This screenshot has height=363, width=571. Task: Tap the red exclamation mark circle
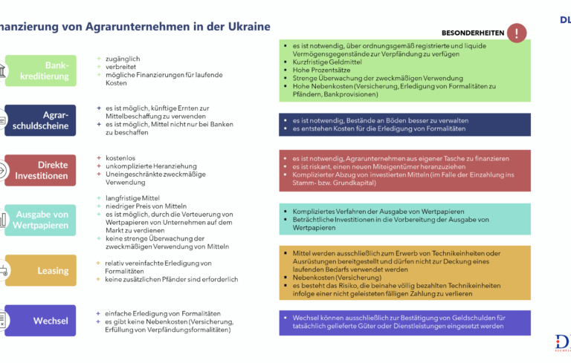pyautogui.click(x=516, y=33)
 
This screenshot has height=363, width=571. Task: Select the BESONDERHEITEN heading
pyautogui.click(x=472, y=33)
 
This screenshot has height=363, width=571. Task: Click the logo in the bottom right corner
pyautogui.click(x=563, y=344)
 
